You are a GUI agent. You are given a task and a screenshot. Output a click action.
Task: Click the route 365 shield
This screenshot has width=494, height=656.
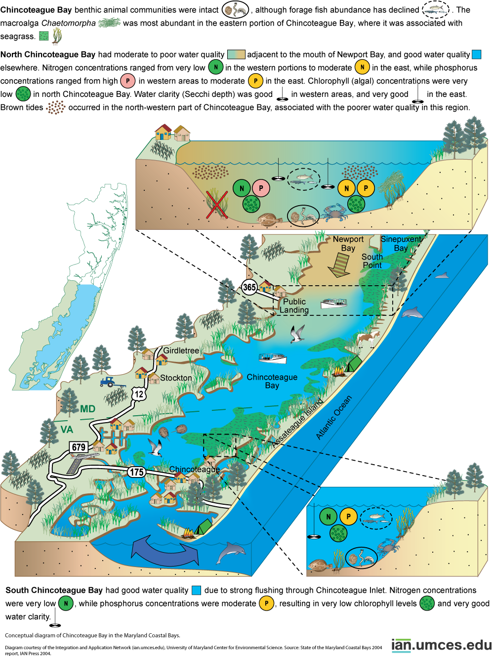coord(249,287)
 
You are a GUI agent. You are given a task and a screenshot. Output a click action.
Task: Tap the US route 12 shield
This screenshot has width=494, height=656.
coord(139,394)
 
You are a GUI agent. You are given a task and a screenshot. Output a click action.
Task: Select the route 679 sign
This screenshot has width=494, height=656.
coord(79,447)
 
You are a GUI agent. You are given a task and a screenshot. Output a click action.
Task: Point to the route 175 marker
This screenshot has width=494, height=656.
coord(136,472)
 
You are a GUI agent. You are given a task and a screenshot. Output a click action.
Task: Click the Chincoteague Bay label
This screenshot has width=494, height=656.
coord(272,381)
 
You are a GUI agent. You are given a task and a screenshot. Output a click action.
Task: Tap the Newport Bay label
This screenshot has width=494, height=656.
coord(348,243)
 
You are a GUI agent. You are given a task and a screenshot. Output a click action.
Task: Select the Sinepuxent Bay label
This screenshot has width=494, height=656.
coord(401,243)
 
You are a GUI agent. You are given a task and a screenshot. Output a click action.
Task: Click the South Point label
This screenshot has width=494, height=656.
coord(372,261)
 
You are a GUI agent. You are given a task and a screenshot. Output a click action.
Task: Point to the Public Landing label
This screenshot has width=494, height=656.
coord(294,306)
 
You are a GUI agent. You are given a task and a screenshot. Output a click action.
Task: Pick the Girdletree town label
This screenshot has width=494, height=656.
coord(181,350)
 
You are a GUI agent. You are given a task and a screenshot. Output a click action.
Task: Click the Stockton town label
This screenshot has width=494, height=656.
coord(176,378)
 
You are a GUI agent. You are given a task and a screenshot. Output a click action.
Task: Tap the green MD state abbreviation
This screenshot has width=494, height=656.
coord(88,409)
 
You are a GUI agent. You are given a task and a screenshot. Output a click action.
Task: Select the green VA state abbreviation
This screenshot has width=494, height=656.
coord(67,430)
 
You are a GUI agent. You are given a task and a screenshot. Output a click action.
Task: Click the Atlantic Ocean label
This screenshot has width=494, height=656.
coord(334,417)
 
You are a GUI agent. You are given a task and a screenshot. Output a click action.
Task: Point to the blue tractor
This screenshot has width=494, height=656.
coord(109,382)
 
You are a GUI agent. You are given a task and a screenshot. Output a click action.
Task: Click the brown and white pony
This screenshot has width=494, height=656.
coord(368,339)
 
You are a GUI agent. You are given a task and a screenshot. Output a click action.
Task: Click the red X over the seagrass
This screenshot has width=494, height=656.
coord(216,205)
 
